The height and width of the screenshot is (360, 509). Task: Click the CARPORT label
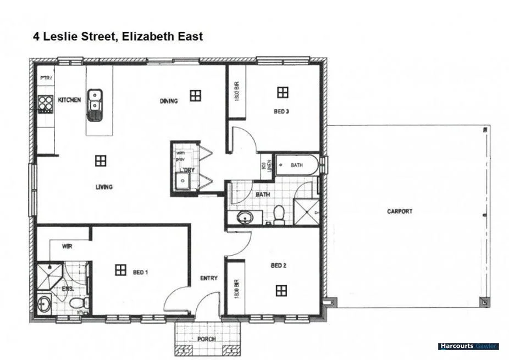click(400, 211)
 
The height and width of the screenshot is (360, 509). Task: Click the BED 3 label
click(281, 112)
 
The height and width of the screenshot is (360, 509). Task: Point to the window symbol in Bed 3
click(283, 92)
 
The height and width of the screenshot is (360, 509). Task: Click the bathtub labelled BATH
click(296, 165)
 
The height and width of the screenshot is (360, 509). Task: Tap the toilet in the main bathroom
click(279, 214)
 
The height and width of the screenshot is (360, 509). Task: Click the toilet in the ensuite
click(77, 302)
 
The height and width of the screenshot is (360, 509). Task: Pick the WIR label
click(68, 246)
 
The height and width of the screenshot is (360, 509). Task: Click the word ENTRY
click(209, 278)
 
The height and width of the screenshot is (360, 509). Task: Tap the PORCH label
click(207, 339)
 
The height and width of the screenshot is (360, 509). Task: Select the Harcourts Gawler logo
click(468, 346)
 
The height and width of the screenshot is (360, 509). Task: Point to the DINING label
click(169, 101)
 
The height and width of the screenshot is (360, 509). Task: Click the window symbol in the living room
click(100, 160)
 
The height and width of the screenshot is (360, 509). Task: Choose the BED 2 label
click(279, 265)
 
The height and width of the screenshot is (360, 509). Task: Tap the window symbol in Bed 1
click(120, 270)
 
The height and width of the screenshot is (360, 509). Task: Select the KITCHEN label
click(69, 100)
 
